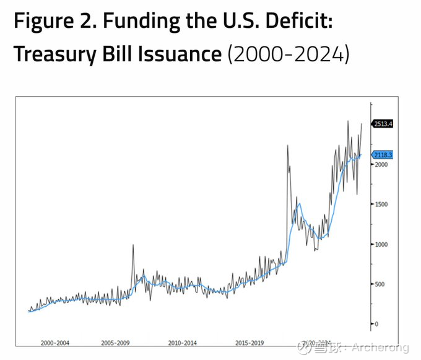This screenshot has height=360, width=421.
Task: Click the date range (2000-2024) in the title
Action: click(x=289, y=54)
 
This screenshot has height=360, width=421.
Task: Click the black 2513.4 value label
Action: click(x=383, y=124)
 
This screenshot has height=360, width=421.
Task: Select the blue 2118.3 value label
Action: click(x=383, y=155)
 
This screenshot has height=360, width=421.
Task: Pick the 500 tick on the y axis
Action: click(x=378, y=284)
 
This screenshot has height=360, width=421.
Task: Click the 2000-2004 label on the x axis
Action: click(x=55, y=342)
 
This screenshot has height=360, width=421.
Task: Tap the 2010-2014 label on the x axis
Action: click(x=182, y=342)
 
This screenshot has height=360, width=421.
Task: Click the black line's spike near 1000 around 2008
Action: click(x=132, y=245)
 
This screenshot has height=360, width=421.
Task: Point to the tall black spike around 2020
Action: click(x=287, y=146)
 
